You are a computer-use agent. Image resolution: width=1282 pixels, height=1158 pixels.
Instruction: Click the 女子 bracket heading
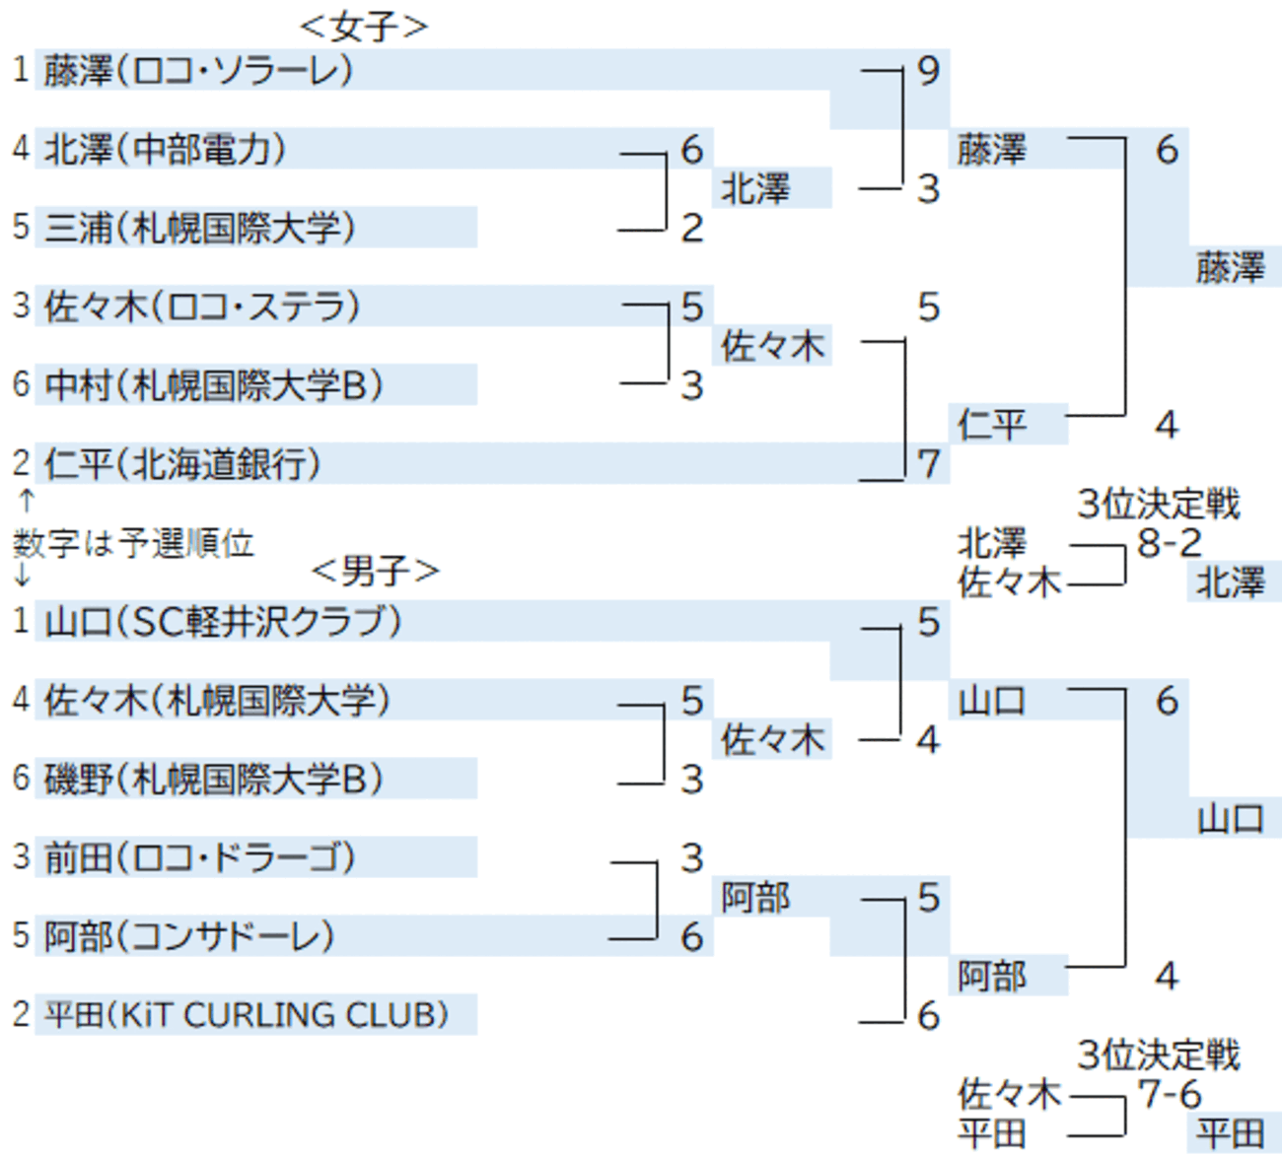pyautogui.click(x=364, y=27)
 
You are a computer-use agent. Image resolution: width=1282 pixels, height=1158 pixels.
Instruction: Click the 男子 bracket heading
pyautogui.click(x=375, y=571)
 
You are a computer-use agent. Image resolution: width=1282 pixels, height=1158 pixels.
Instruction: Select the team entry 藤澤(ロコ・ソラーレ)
pyautogui.click(x=198, y=70)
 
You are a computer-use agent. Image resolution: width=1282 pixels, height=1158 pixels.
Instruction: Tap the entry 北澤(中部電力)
pyautogui.click(x=165, y=149)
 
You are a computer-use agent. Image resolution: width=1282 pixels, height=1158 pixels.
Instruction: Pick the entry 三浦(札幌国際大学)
pyautogui.click(x=199, y=228)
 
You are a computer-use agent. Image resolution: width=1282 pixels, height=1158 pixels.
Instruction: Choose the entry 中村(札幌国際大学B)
pyautogui.click(x=213, y=384)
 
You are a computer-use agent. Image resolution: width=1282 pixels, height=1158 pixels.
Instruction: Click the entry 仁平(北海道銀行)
pyautogui.click(x=182, y=463)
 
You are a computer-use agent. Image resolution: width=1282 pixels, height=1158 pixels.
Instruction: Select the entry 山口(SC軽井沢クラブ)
pyautogui.click(x=223, y=621)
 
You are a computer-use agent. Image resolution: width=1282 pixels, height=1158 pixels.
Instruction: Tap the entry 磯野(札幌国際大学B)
pyautogui.click(x=213, y=779)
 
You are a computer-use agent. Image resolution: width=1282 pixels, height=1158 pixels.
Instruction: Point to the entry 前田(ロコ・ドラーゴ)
pyautogui.click(x=199, y=857)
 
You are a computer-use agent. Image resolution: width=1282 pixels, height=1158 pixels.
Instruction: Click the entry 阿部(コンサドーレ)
pyautogui.click(x=189, y=936)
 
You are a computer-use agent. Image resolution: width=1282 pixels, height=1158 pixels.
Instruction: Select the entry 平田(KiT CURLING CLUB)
pyautogui.click(x=247, y=1014)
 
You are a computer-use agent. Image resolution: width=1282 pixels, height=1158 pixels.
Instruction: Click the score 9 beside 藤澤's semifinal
pyautogui.click(x=928, y=71)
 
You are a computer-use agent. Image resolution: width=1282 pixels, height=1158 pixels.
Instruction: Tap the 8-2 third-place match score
pyautogui.click(x=1170, y=543)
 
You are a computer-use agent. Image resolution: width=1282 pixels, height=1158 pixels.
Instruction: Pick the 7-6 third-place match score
pyautogui.click(x=1170, y=1094)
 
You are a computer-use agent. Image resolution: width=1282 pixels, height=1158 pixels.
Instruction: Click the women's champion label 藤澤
pyautogui.click(x=1231, y=267)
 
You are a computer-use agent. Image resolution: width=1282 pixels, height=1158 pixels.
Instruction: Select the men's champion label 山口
pyautogui.click(x=1231, y=818)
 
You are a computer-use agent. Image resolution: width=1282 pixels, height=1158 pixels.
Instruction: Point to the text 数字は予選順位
pyautogui.click(x=134, y=543)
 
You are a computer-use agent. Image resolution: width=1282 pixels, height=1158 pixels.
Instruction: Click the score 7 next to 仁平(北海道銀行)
pyautogui.click(x=928, y=463)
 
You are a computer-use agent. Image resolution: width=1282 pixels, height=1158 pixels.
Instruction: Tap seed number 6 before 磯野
pyautogui.click(x=22, y=778)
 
